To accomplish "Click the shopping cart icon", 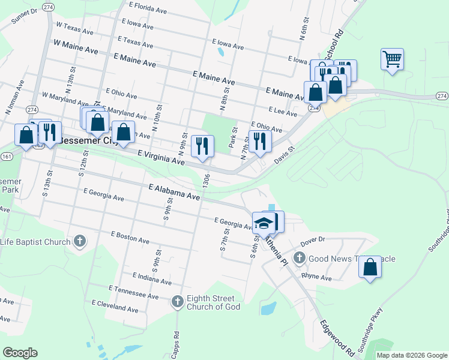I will (392, 60).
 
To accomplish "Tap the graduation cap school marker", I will (263, 223).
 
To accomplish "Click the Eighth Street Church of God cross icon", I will (177, 301).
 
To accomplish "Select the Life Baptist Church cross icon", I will (79, 242).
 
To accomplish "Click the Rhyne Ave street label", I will (316, 277).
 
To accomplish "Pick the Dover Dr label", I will (312, 239).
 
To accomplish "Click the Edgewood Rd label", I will (336, 337).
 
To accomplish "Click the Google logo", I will (20, 353).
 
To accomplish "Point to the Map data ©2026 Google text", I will (411, 355).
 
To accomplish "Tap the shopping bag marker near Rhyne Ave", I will (370, 267).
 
